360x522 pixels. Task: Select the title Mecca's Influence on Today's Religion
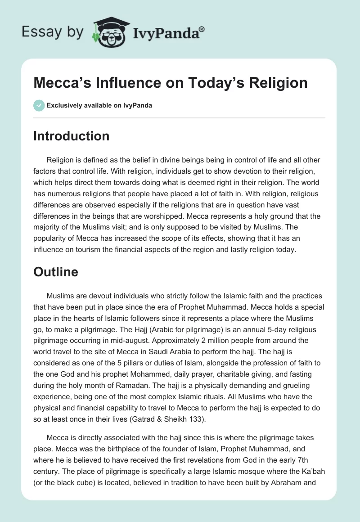click(171, 83)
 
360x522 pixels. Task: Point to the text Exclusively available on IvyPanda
click(99, 105)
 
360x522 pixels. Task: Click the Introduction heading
click(71, 136)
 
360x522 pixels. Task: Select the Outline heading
click(56, 272)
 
